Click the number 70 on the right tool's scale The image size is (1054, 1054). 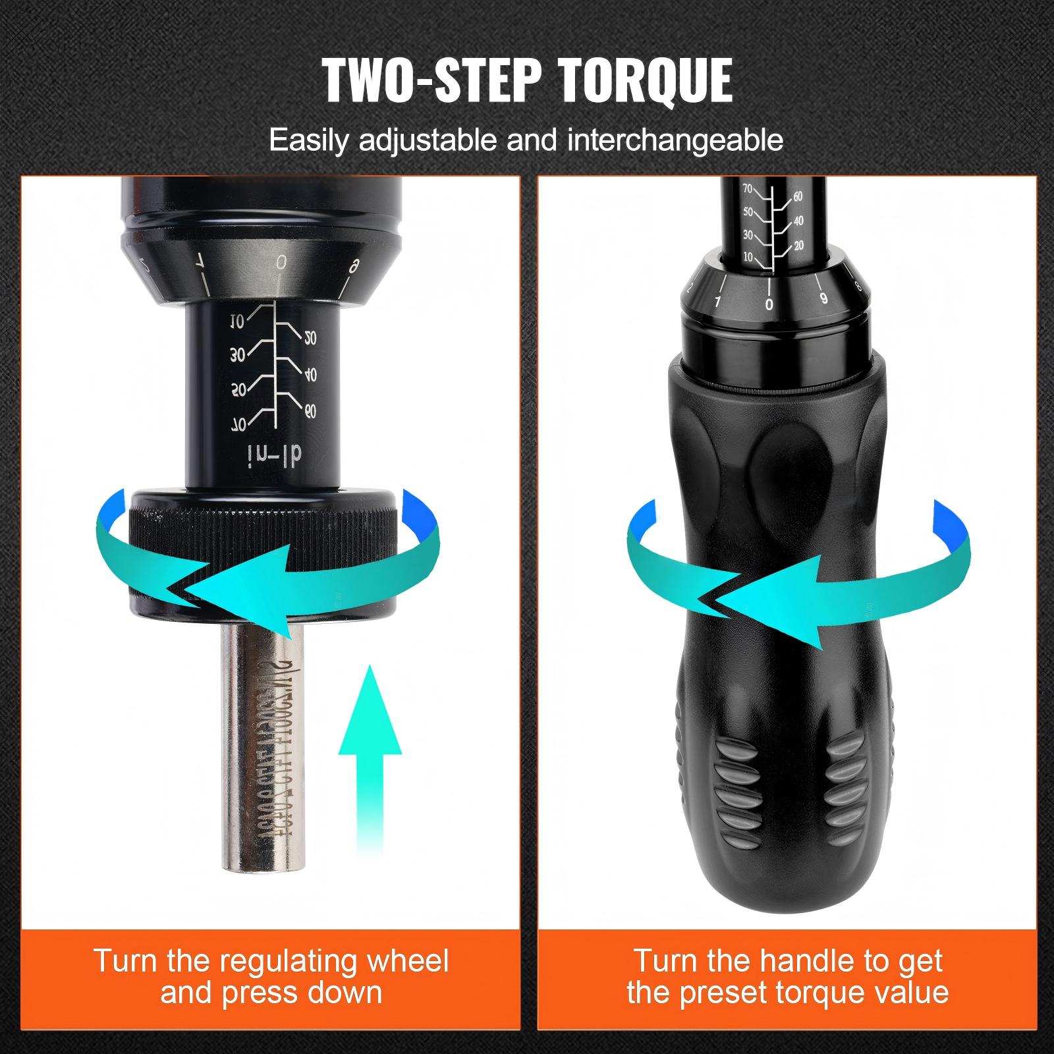(x=747, y=188)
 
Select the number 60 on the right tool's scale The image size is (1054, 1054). (x=798, y=196)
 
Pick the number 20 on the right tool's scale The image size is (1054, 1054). (x=799, y=246)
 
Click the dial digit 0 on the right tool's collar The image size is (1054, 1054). (x=769, y=304)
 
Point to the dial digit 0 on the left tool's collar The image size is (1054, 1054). (x=281, y=262)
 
